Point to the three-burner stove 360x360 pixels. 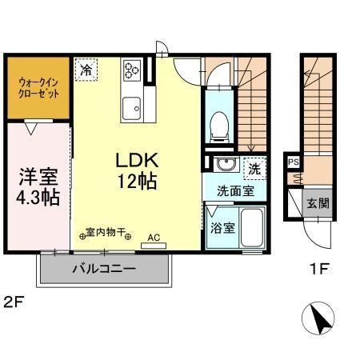131,71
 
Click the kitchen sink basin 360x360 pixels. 131,105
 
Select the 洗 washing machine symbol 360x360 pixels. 253,169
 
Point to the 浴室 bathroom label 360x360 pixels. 222,227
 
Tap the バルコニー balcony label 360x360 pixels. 104,268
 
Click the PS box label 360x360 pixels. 294,162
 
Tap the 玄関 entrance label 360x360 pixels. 317,203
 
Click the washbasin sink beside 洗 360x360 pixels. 225,166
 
